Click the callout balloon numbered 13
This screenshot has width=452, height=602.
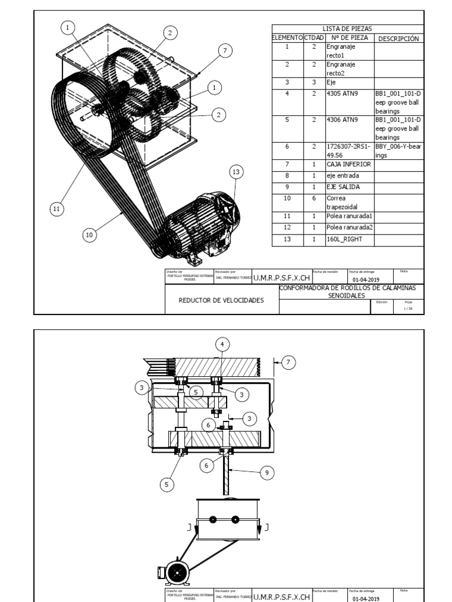236,172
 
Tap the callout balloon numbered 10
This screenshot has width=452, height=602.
89,235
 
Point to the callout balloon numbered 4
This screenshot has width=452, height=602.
222,344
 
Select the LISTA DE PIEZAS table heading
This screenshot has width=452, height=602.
347,28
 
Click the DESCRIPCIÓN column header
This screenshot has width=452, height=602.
398,39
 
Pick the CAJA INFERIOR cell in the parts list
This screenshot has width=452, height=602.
348,164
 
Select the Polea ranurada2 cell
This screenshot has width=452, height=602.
348,228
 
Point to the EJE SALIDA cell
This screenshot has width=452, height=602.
344,187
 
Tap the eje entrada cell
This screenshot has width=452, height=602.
345,175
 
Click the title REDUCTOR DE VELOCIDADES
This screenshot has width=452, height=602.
221,300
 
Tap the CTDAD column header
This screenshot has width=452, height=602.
314,38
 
